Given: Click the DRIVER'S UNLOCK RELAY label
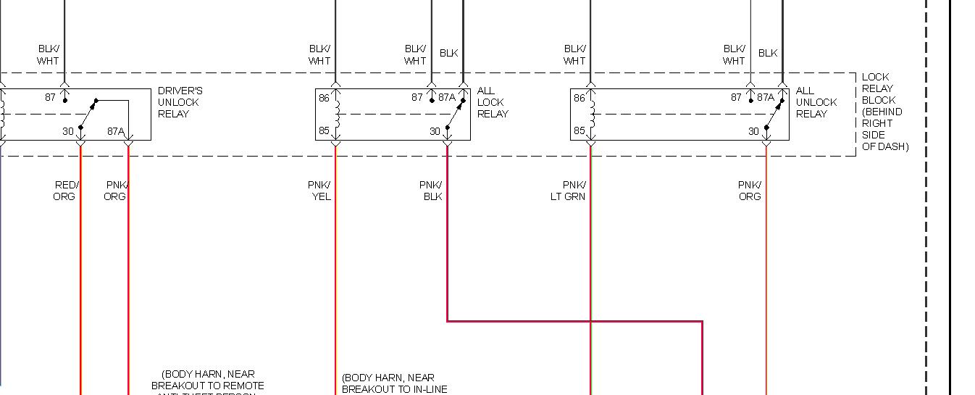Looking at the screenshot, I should [180, 102].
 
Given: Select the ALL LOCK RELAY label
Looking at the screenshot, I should [493, 102].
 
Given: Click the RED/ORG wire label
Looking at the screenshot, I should [64, 191].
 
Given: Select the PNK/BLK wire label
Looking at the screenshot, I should [431, 191].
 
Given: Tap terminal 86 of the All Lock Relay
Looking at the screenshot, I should [323, 97].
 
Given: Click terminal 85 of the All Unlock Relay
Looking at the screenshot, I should [579, 131].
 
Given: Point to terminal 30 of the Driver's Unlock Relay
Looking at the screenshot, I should [68, 131].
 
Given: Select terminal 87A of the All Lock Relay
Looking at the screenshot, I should [447, 97].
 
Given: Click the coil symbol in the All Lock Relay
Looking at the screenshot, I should [335, 114].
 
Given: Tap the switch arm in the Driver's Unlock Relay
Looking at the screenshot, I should [88, 113].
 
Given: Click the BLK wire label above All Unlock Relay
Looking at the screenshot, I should [768, 53].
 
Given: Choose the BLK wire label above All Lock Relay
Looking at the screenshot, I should [449, 53].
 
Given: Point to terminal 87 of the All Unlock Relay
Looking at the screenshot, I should [736, 97].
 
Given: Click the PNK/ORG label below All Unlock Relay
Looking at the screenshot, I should [750, 191].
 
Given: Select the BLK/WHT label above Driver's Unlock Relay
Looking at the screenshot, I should [49, 55].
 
